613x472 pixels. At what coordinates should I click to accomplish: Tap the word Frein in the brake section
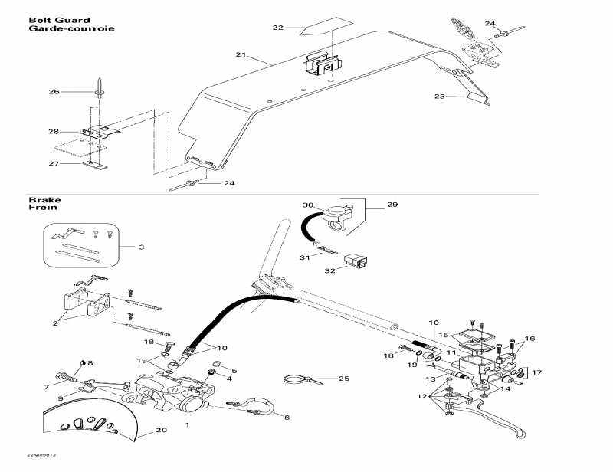point(40,208)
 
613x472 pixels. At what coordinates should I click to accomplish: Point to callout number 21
point(241,55)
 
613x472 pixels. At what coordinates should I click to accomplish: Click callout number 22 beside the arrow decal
point(277,28)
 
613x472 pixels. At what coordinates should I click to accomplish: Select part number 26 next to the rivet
point(54,92)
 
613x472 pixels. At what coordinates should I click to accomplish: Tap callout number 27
point(54,163)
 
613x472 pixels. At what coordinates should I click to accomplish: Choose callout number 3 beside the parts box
point(140,247)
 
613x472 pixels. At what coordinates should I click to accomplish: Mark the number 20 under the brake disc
point(161,430)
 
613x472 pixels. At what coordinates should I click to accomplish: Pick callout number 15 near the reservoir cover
point(443,335)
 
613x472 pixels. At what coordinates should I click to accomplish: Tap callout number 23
point(439,97)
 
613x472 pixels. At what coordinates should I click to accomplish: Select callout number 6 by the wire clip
point(287,417)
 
